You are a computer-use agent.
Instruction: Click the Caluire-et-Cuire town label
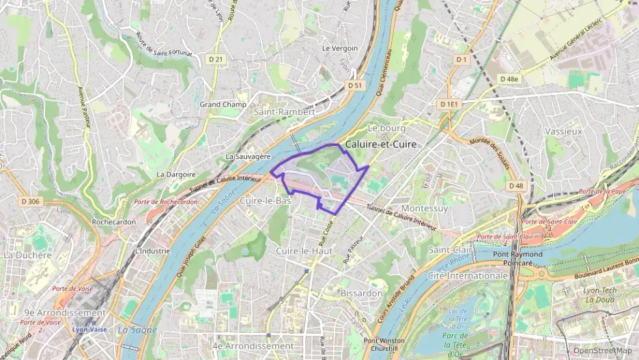coord(380,145)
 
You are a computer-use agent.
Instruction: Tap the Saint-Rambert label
coord(284,111)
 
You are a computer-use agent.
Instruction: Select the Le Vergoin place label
coord(339,49)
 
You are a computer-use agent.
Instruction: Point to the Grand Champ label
coord(223,105)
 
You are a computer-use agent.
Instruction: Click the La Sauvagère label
coord(248,156)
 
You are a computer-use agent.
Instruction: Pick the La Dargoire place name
coord(176,174)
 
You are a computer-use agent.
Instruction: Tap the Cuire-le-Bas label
coord(266,202)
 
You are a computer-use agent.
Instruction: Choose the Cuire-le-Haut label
coord(303,251)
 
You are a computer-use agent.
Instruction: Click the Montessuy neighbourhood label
coord(425,208)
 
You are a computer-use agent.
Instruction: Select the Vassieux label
coord(563,130)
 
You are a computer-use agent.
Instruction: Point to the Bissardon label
coord(360,293)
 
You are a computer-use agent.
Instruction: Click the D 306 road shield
coord(31,201)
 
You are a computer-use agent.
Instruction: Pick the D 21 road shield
coord(216,59)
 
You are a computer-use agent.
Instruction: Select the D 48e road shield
coord(509,79)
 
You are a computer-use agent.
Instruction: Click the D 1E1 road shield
coord(450,104)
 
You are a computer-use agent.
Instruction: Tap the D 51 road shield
coord(354,85)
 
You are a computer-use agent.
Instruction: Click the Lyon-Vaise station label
coord(90,329)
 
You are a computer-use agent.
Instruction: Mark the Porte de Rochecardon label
coord(165,202)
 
